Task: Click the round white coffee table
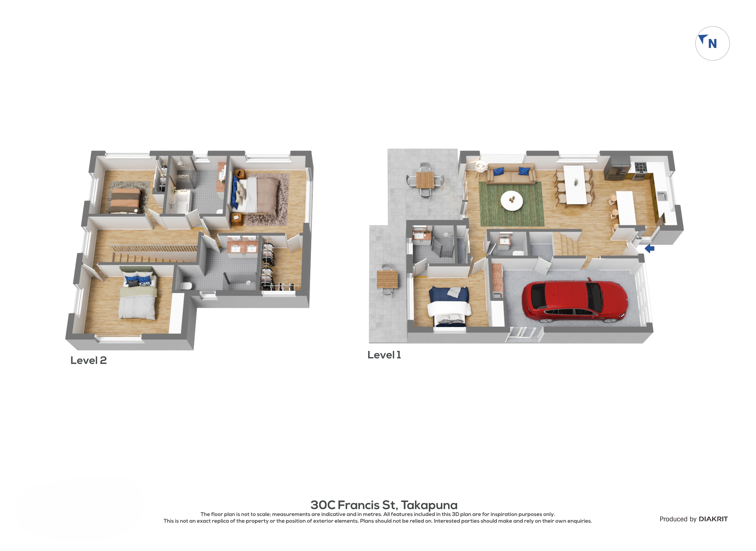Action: [512, 200]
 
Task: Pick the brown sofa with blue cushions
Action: [511, 173]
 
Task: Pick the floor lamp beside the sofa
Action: [480, 166]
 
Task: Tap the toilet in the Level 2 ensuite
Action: [187, 286]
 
